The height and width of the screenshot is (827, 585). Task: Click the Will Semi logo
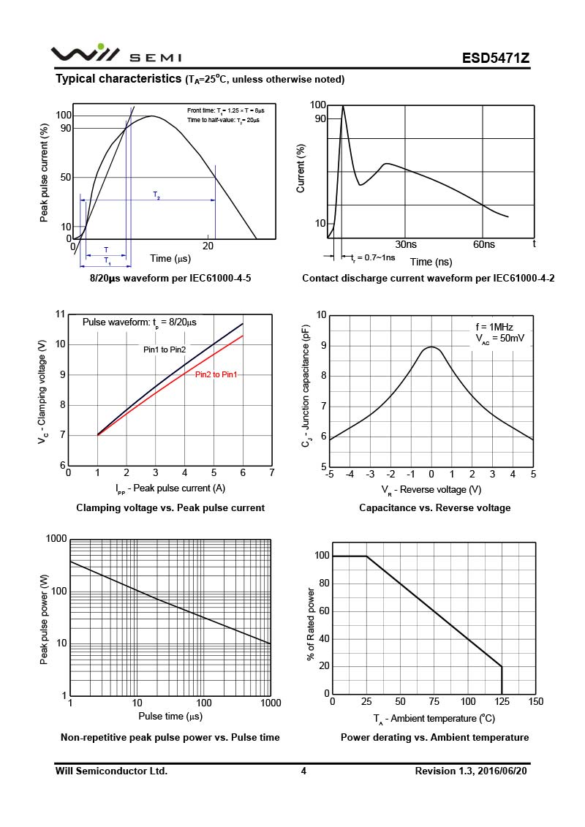(x=116, y=55)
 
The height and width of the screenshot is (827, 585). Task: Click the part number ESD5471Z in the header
(x=495, y=58)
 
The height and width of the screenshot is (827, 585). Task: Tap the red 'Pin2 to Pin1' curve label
(x=216, y=375)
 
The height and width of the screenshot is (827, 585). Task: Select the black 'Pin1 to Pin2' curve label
(x=165, y=350)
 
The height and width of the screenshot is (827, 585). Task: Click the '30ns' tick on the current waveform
(x=406, y=244)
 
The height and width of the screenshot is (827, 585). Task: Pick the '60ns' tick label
(x=484, y=244)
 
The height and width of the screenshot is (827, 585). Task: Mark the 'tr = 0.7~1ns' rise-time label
(x=373, y=257)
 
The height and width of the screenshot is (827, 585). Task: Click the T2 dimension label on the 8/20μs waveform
(x=156, y=195)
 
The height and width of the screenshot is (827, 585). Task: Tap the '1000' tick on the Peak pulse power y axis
(x=56, y=539)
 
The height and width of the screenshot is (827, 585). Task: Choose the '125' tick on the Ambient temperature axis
(x=502, y=702)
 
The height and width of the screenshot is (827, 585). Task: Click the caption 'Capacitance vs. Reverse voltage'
(x=434, y=507)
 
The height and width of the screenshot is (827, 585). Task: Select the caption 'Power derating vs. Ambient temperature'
(x=434, y=737)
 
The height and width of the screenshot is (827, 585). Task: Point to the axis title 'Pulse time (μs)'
(x=170, y=716)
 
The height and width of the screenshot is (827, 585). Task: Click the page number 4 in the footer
(x=303, y=771)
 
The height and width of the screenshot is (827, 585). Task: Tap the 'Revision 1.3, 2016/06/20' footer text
(x=472, y=771)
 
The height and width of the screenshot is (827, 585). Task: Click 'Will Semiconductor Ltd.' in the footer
(x=111, y=771)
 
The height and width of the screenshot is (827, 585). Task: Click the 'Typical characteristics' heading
(x=118, y=78)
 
